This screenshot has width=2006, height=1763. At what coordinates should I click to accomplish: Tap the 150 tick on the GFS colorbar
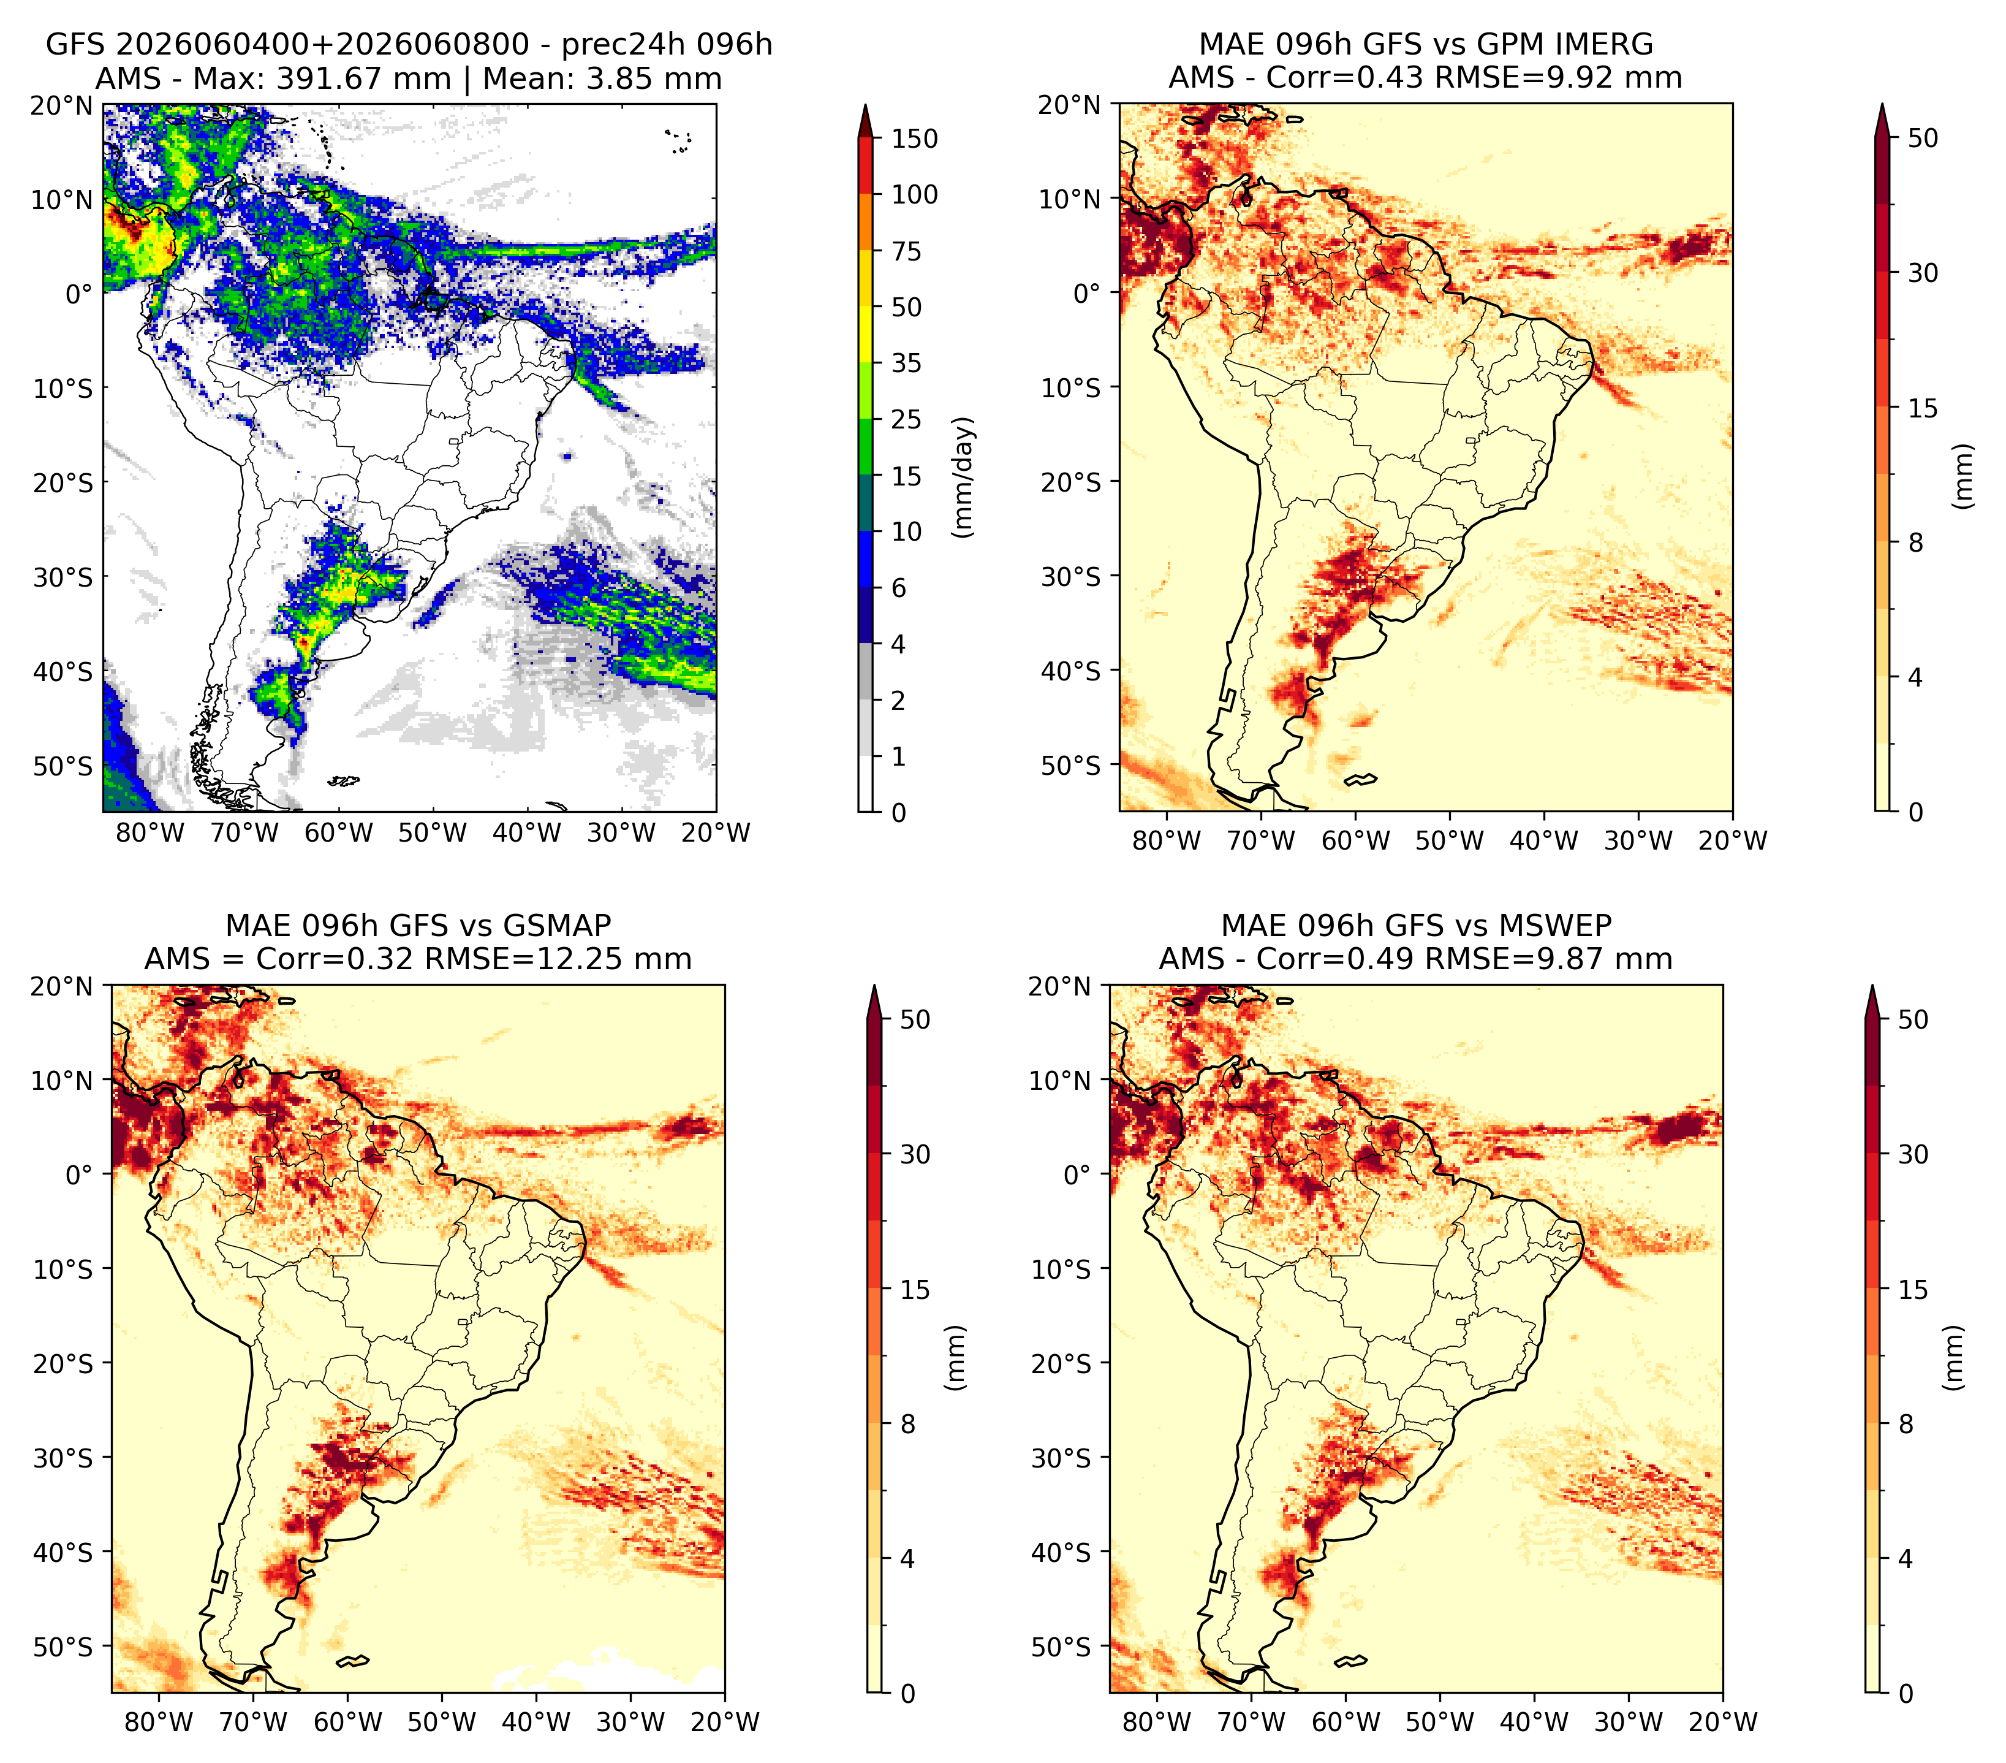click(x=914, y=139)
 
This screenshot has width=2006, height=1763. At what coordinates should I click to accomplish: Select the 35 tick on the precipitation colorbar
click(x=906, y=363)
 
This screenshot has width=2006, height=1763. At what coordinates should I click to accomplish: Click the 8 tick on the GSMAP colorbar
click(x=908, y=1425)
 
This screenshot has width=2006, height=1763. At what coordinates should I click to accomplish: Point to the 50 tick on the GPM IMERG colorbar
click(x=1923, y=139)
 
